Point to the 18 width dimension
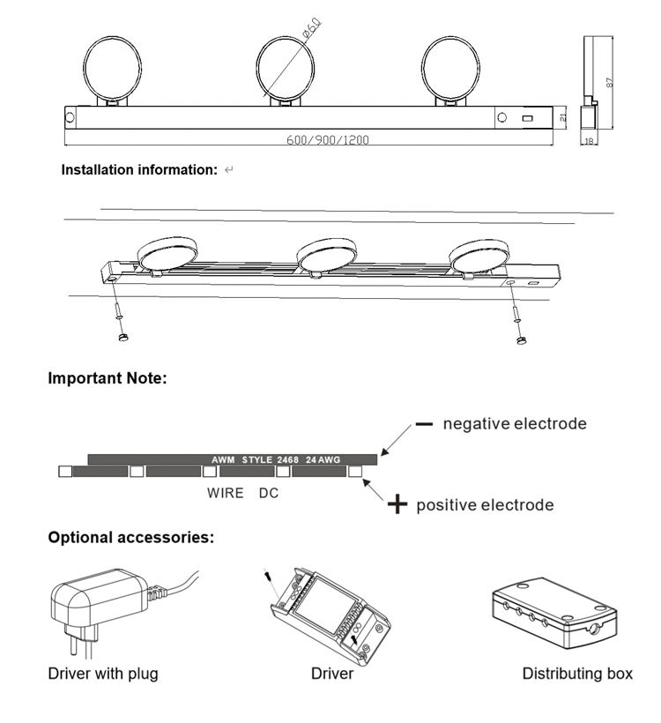click(x=588, y=140)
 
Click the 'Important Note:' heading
click(x=107, y=378)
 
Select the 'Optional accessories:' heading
click(x=130, y=536)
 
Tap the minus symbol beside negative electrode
click(x=424, y=424)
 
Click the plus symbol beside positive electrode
click(x=398, y=504)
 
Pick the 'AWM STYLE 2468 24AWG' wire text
click(x=276, y=459)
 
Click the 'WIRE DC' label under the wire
click(x=242, y=493)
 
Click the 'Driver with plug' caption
click(x=103, y=675)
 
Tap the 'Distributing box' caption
click(x=577, y=675)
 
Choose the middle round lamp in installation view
click(x=325, y=254)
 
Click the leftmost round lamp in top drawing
click(x=112, y=68)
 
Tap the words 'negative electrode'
click(x=515, y=424)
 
